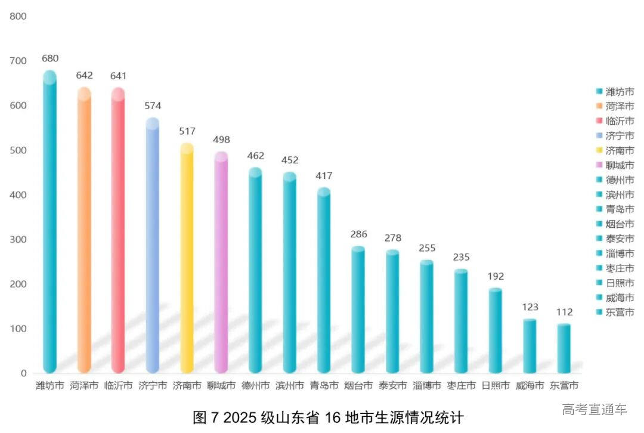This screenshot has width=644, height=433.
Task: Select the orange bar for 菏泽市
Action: [84, 233]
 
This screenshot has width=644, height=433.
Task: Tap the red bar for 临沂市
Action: [118, 233]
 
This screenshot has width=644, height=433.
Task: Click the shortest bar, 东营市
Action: [564, 349]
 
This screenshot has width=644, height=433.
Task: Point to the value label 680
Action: [50, 58]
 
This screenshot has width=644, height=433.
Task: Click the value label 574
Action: [153, 106]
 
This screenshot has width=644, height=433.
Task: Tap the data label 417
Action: [324, 176]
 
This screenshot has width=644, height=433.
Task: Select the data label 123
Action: [530, 307]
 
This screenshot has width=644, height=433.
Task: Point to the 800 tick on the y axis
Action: [18, 16]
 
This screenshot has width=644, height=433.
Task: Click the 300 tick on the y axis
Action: [18, 239]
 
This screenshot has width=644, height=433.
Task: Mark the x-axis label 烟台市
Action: [358, 386]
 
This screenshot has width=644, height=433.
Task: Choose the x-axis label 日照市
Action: [496, 386]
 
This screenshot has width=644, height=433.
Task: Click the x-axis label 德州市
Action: [255, 386]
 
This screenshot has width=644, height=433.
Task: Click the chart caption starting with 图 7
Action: [328, 416]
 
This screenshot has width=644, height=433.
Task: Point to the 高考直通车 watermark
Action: [594, 409]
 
